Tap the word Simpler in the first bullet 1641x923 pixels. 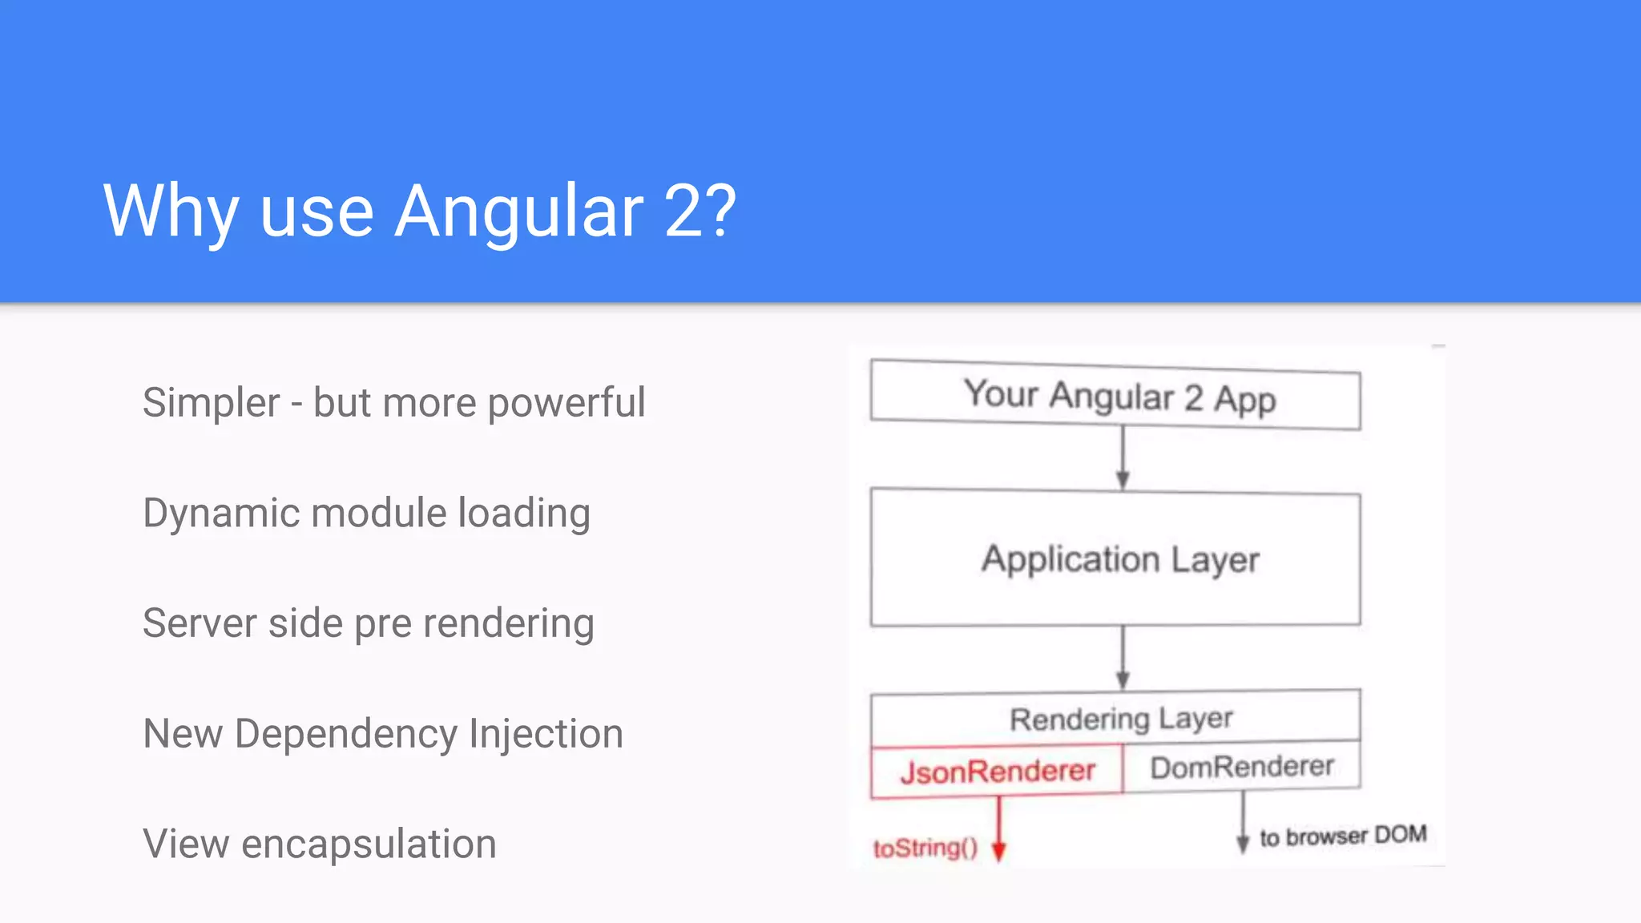click(x=212, y=402)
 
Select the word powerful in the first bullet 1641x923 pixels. click(x=566, y=402)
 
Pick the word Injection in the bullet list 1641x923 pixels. click(x=546, y=734)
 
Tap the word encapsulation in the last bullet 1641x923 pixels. click(x=369, y=844)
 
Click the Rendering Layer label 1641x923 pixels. click(x=1120, y=719)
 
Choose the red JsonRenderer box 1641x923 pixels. click(x=998, y=771)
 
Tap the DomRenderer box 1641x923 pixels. click(x=1242, y=767)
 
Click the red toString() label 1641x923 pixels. click(x=925, y=848)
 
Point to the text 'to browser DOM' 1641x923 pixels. click(x=1343, y=836)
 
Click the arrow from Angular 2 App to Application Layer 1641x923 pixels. click(x=1123, y=457)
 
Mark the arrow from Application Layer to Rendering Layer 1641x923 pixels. click(x=1123, y=657)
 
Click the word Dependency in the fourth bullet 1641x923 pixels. click(x=345, y=734)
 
